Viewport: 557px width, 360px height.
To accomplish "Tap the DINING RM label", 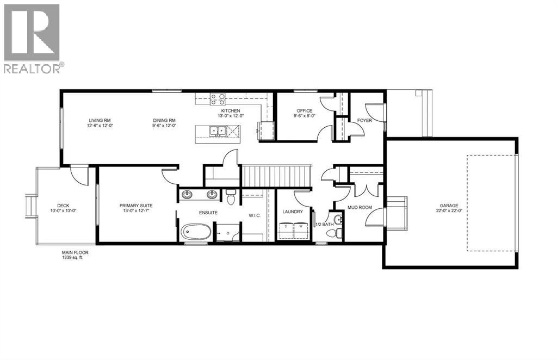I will (x=164, y=120).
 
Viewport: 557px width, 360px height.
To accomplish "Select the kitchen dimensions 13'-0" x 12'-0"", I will (x=230, y=115).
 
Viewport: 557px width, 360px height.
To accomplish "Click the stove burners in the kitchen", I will (x=218, y=99).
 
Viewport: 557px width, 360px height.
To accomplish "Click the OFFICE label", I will (x=304, y=110).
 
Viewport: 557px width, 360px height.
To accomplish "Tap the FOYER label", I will (x=364, y=120).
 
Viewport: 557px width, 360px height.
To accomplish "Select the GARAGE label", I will (x=449, y=206).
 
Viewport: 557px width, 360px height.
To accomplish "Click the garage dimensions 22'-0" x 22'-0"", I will (x=449, y=211).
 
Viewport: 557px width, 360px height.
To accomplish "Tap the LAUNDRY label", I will (x=293, y=212).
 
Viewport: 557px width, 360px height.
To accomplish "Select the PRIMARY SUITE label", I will (x=136, y=205).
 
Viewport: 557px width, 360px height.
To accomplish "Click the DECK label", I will (x=57, y=206).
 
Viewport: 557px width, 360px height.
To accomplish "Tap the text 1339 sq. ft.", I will (x=75, y=258).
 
